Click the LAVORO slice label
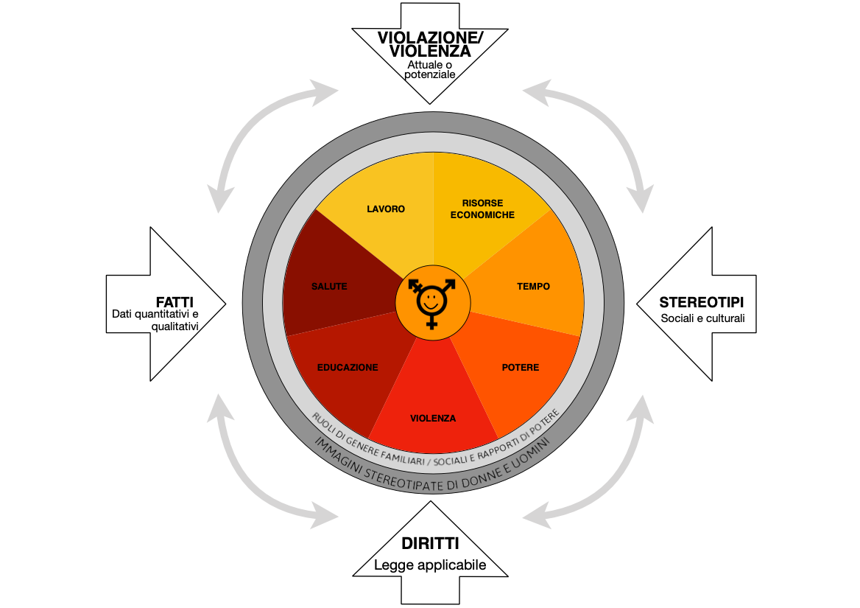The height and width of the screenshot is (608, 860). click(x=386, y=209)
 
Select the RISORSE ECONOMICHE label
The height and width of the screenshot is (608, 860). click(x=483, y=209)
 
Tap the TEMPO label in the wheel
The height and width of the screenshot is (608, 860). click(x=533, y=287)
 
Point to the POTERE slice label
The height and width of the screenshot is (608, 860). click(x=521, y=368)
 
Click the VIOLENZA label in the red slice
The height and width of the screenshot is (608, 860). click(x=433, y=419)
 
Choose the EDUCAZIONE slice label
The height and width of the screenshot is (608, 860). click(x=348, y=368)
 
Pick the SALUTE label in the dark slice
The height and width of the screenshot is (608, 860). click(x=329, y=287)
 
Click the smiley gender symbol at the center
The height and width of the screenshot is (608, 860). click(x=432, y=303)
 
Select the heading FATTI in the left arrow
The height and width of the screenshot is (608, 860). click(x=175, y=302)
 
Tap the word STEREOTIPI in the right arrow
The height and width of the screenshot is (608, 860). click(x=702, y=302)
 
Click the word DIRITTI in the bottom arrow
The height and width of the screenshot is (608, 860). click(x=430, y=543)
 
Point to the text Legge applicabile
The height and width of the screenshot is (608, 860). click(x=430, y=565)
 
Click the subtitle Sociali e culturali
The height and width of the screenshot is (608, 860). click(x=702, y=318)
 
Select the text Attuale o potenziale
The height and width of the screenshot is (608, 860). click(x=430, y=70)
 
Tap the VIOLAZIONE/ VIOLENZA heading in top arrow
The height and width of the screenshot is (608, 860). click(x=431, y=44)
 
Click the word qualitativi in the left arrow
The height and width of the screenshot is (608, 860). click(x=175, y=326)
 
